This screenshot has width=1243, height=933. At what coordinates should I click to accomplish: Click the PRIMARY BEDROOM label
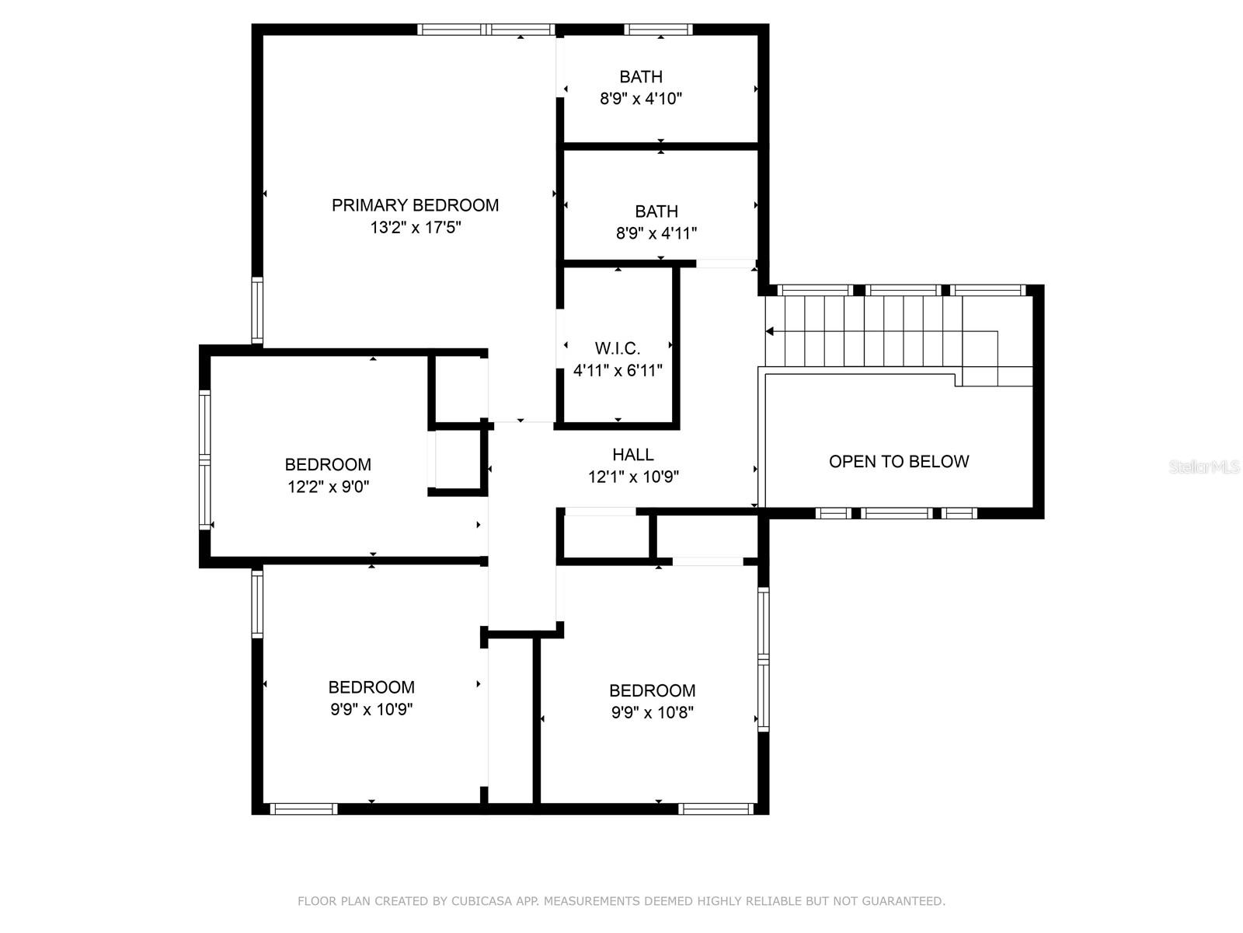415,205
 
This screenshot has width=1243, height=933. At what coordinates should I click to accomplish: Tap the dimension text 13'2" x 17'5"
415,227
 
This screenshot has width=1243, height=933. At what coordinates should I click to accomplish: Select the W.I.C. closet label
618,348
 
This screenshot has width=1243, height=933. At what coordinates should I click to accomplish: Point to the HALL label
633,454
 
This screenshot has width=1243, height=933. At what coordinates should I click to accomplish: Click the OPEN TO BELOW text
899,461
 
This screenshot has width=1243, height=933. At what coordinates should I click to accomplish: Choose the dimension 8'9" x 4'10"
640,99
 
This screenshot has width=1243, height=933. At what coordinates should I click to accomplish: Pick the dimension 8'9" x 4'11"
656,232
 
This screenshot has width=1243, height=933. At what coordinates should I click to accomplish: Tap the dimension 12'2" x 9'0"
328,486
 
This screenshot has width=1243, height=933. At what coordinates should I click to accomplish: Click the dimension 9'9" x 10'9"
371,708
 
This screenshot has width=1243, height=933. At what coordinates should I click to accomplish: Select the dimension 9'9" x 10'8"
652,712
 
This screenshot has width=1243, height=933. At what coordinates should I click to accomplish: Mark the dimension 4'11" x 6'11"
618,371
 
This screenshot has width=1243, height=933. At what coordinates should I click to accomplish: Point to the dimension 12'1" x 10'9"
633,477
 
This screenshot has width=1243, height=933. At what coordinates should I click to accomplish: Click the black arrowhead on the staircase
769,331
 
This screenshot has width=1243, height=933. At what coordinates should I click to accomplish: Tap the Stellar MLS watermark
1204,466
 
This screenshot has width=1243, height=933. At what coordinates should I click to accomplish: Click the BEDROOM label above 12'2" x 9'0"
328,464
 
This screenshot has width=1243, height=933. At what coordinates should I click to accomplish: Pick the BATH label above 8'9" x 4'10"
640,76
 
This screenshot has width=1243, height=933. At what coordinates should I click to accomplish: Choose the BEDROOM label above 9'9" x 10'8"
652,690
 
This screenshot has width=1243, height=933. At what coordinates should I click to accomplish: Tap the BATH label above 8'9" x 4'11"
656,211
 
